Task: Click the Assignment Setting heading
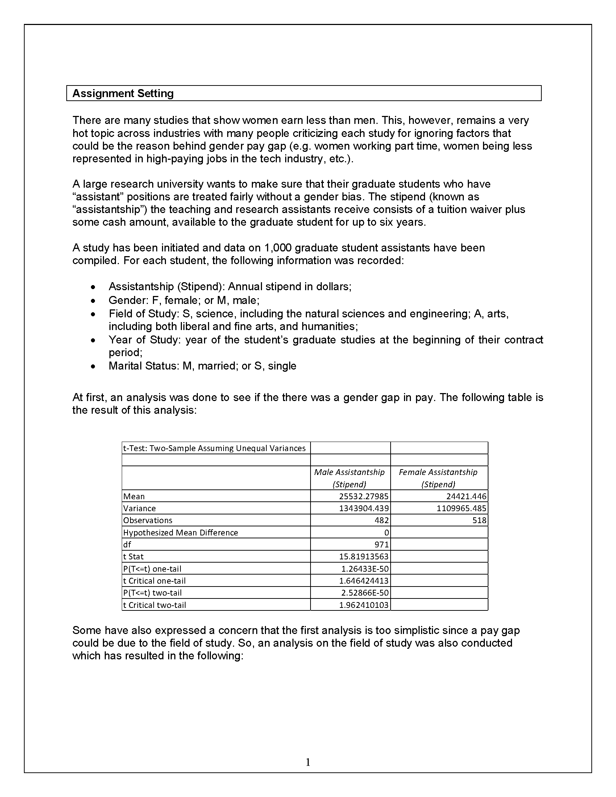pyautogui.click(x=123, y=93)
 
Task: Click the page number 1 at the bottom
pyautogui.click(x=308, y=762)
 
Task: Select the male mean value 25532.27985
pyautogui.click(x=364, y=496)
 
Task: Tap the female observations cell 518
pyautogui.click(x=479, y=520)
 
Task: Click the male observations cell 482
pyautogui.click(x=382, y=520)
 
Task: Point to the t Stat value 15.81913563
pyautogui.click(x=364, y=556)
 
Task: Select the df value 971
pyautogui.click(x=381, y=544)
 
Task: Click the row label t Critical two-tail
pyautogui.click(x=155, y=605)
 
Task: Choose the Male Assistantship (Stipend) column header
pyautogui.click(x=349, y=478)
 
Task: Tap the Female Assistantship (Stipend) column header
pyautogui.click(x=438, y=478)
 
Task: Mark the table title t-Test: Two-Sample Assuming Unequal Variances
pyautogui.click(x=215, y=448)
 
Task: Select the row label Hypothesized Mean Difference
pyautogui.click(x=181, y=533)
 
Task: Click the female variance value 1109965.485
pyautogui.click(x=461, y=508)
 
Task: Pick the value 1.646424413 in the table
pyautogui.click(x=364, y=581)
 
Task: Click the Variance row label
pyautogui.click(x=140, y=508)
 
